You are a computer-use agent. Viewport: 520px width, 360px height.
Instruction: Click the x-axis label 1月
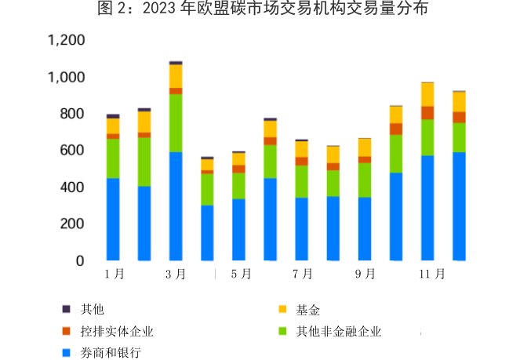[114, 274]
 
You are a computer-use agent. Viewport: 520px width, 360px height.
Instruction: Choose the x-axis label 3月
[176, 274]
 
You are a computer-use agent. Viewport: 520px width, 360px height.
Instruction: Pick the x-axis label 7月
[302, 274]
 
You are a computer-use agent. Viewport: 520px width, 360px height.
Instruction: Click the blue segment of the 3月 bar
[176, 205]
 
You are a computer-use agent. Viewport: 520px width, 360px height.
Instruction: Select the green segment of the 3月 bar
[176, 122]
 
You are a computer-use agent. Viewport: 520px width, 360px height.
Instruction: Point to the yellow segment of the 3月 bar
[176, 76]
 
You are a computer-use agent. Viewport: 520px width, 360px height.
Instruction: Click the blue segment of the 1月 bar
[113, 219]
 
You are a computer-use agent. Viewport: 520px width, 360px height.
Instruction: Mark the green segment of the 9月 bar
[365, 180]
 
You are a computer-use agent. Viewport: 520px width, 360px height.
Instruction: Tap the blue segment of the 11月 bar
[427, 208]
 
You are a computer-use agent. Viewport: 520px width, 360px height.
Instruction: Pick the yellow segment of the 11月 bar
[427, 94]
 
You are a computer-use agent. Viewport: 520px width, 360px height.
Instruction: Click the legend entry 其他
[88, 309]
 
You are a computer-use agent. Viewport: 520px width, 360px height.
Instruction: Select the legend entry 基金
[307, 309]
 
